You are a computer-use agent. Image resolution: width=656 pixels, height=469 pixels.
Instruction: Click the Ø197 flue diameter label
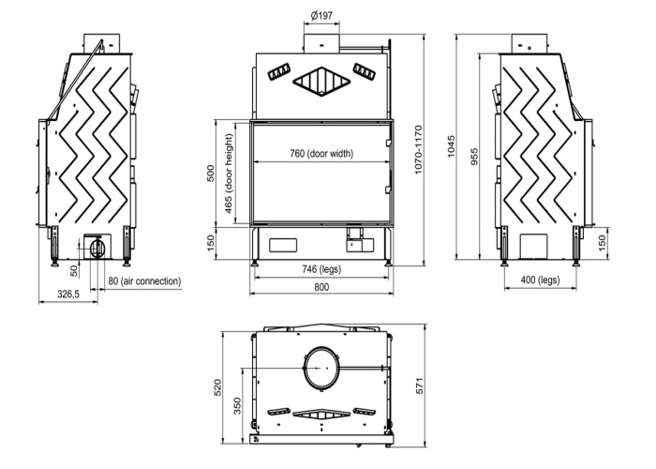coord(321,16)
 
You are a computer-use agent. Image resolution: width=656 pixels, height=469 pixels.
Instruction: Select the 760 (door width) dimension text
coord(321,153)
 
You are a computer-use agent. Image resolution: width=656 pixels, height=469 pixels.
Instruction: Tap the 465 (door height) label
coord(229,174)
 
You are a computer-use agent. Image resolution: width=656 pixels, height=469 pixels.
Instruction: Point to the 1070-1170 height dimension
coord(419,149)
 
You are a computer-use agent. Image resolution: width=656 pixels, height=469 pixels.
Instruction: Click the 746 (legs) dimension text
coord(321,269)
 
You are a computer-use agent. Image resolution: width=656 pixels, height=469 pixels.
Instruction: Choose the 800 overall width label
coord(321,287)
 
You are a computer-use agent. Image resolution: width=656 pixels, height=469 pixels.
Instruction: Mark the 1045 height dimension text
coord(451,146)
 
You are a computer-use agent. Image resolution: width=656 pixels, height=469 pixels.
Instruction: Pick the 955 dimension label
coord(474,157)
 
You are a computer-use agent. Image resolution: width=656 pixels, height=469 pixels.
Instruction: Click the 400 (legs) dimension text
coord(540,280)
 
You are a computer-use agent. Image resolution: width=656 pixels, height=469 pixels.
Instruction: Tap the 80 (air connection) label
coord(144,281)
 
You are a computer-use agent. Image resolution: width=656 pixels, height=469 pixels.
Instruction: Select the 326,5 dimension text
coord(68,294)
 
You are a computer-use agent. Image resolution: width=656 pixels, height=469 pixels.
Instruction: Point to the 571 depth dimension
coord(420,386)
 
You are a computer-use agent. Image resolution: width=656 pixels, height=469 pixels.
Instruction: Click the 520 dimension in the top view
coord(217,387)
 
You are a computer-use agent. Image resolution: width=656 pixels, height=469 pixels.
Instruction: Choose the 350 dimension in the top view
coord(237,406)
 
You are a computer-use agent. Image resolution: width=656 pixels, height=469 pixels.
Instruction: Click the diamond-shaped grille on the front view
coord(321,82)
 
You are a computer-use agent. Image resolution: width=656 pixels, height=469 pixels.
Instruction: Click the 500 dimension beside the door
coord(211,174)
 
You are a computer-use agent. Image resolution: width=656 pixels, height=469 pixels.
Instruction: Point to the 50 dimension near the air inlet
coord(74,271)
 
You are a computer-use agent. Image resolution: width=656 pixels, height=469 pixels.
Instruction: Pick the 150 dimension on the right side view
coord(603,243)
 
